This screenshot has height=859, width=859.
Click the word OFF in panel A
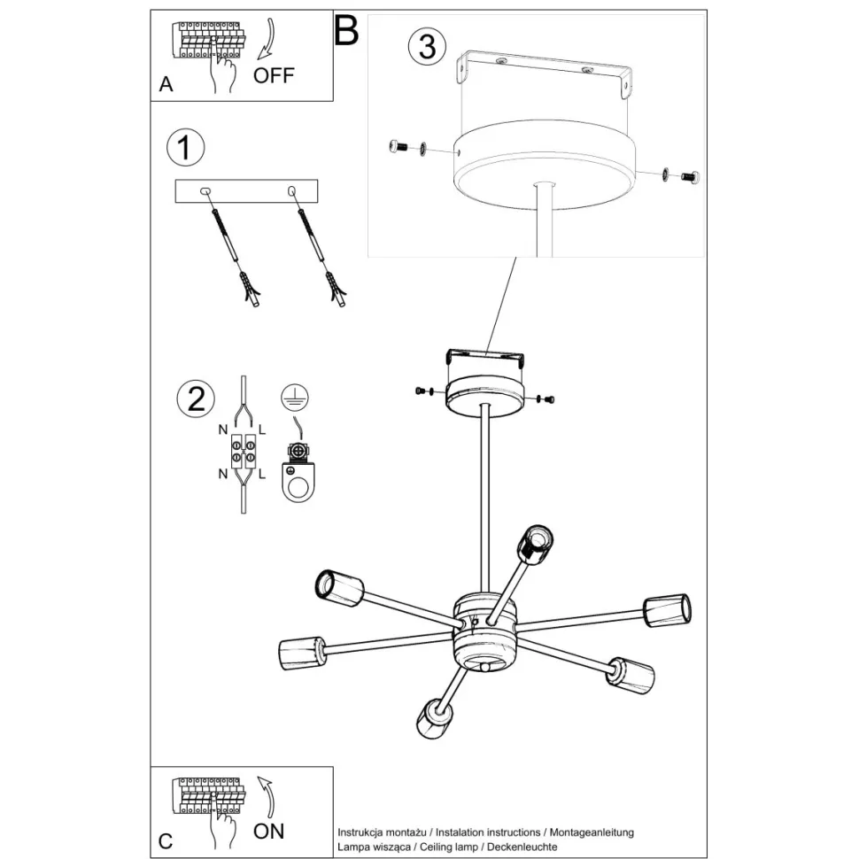[x=273, y=75]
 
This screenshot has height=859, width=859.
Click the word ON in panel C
[x=268, y=831]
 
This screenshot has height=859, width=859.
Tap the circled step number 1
[x=185, y=148]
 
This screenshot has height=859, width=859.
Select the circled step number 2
[x=196, y=399]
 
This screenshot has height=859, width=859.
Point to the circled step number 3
[x=427, y=46]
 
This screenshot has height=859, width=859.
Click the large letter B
[x=345, y=32]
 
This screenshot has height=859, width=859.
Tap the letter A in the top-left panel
[x=166, y=85]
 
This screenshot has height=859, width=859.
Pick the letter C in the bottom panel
[x=166, y=840]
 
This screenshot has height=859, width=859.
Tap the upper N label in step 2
[x=223, y=429]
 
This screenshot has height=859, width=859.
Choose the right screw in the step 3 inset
[x=689, y=177]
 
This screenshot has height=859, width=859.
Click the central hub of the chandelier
[x=484, y=630]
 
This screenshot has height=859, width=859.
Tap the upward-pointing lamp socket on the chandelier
[x=536, y=541]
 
